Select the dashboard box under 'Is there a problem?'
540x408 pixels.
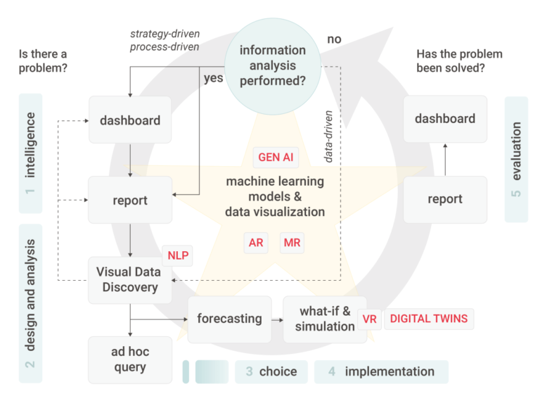pyautogui.click(x=130, y=120)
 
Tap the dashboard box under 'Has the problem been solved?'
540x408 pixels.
pyautogui.click(x=444, y=119)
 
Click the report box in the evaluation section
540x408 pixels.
pyautogui.click(x=444, y=199)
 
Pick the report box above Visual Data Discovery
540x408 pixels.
pyautogui.click(x=130, y=200)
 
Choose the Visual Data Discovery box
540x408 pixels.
pyautogui.click(x=129, y=280)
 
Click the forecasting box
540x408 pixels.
pyautogui.click(x=229, y=319)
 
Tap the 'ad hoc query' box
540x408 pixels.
pyautogui.click(x=130, y=359)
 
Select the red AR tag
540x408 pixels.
pyautogui.click(x=256, y=243)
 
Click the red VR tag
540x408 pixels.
pyautogui.click(x=370, y=319)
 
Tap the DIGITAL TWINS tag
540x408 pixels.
pyautogui.click(x=428, y=319)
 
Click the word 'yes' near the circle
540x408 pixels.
pyautogui.click(x=213, y=77)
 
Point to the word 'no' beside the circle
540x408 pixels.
pyautogui.click(x=334, y=39)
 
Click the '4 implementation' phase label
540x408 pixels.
pyautogui.click(x=381, y=371)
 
